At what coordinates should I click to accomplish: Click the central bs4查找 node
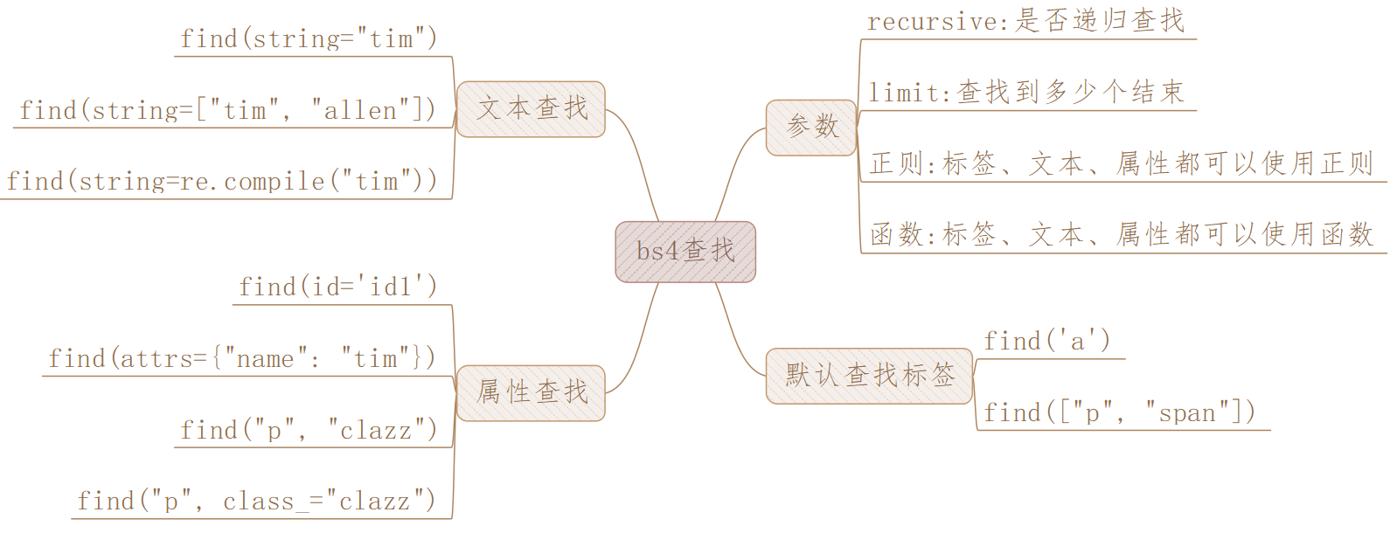point(685,252)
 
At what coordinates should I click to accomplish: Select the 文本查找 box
point(531,109)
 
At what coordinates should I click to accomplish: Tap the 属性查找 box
point(531,392)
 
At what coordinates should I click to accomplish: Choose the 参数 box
point(811,128)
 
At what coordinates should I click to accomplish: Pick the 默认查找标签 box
point(869,376)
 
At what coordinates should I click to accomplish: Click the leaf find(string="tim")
point(308,39)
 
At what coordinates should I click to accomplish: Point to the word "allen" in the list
point(360,111)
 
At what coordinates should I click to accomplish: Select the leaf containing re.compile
point(221,182)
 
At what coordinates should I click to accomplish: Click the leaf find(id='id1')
point(337,287)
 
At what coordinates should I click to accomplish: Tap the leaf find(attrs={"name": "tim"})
point(241,359)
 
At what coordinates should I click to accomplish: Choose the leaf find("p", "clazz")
point(308,431)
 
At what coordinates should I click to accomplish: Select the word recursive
point(932,22)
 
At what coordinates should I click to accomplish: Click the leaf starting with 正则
point(1121,164)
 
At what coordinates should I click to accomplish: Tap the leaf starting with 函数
point(1121,235)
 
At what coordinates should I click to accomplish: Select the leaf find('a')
point(1046,342)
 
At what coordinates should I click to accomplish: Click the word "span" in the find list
point(1186,413)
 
